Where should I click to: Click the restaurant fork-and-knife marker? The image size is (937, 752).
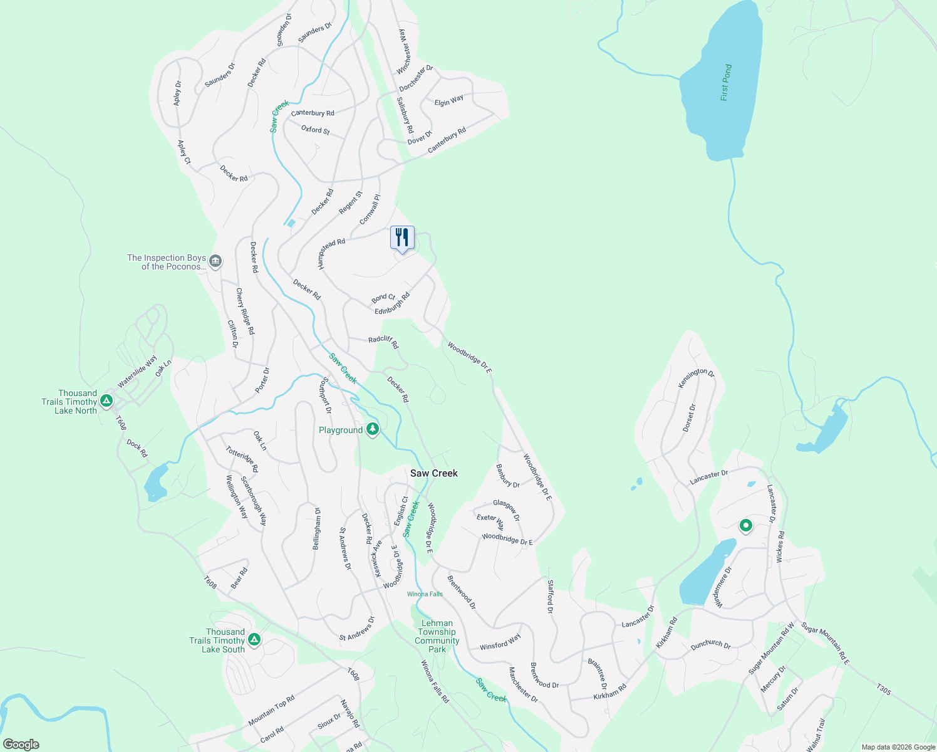(x=402, y=238)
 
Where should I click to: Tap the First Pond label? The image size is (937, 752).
(x=726, y=82)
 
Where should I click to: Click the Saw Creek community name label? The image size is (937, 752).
(x=433, y=473)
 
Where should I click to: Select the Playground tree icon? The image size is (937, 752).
(x=373, y=429)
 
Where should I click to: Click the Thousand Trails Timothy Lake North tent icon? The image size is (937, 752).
(x=106, y=400)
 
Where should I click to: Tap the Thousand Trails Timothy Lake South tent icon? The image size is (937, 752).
(x=254, y=639)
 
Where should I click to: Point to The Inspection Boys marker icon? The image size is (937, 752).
(x=215, y=261)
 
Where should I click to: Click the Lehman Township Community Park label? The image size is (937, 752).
(x=437, y=636)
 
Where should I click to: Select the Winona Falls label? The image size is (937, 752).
(x=425, y=594)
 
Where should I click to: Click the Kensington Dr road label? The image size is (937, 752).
(x=696, y=377)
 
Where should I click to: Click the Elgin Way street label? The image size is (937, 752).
(x=449, y=100)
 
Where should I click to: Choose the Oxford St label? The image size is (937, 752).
(x=316, y=130)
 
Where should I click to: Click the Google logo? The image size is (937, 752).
(x=21, y=744)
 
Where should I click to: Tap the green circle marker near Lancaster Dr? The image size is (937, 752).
(x=745, y=525)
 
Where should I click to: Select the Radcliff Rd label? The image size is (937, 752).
(x=383, y=342)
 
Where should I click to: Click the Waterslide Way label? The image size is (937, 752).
(x=137, y=372)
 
